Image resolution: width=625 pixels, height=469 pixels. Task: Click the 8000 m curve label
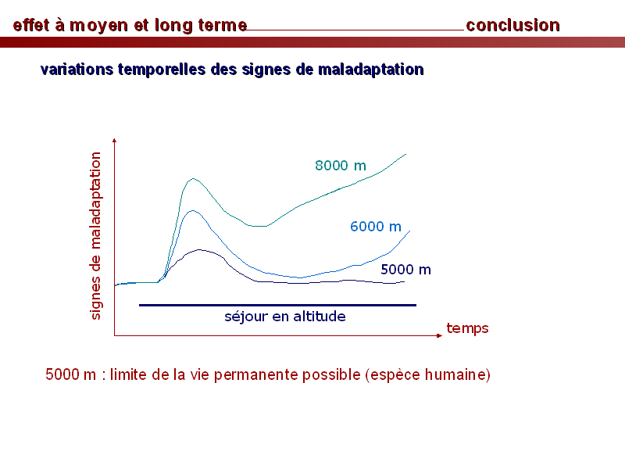[341, 166]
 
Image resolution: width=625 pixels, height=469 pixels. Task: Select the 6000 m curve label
[376, 227]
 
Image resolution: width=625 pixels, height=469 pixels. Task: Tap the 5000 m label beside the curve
[405, 270]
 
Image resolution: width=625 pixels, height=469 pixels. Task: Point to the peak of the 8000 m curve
[193, 179]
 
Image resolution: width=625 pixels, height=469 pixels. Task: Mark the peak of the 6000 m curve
[193, 210]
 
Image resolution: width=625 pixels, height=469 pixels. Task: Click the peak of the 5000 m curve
[199, 249]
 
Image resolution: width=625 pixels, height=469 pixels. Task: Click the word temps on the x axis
[467, 328]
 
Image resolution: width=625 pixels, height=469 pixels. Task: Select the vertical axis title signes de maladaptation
[95, 236]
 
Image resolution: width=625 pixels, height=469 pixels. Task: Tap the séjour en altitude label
[285, 317]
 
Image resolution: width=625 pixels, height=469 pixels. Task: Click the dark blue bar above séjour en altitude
[277, 305]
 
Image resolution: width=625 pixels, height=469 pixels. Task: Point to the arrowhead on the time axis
[440, 335]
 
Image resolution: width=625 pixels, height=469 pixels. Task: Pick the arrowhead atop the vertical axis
[114, 141]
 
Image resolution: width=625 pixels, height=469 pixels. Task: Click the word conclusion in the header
[513, 25]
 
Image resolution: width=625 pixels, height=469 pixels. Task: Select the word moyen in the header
[98, 26]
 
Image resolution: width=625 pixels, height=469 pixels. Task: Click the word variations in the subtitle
[77, 70]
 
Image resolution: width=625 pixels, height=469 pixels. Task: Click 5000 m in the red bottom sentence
[71, 374]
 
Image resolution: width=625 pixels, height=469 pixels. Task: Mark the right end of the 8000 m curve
[405, 154]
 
